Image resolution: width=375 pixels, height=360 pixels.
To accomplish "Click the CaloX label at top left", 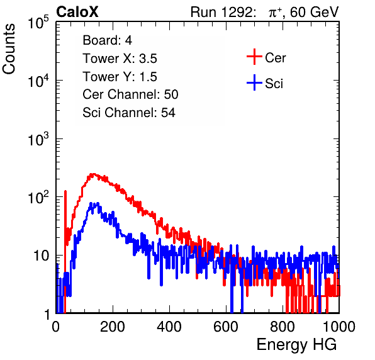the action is pyautogui.click(x=77, y=12).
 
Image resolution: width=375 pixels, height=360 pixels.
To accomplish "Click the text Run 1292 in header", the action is pyautogui.click(x=221, y=12).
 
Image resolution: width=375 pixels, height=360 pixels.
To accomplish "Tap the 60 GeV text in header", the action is pyautogui.click(x=315, y=12).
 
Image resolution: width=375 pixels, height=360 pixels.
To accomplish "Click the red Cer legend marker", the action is pyautogui.click(x=254, y=57).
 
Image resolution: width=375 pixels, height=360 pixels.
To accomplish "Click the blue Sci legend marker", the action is pyautogui.click(x=254, y=83).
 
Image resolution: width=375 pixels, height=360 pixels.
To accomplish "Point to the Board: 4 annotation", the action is pyautogui.click(x=107, y=40).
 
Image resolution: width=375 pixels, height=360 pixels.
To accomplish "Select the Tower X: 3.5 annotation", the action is pyautogui.click(x=120, y=59).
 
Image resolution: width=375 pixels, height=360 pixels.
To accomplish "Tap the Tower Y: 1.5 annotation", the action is pyautogui.click(x=120, y=77).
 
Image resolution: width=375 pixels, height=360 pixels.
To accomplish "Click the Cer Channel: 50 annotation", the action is pyautogui.click(x=130, y=94).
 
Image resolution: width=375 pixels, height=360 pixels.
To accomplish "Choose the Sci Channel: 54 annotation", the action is pyautogui.click(x=129, y=113).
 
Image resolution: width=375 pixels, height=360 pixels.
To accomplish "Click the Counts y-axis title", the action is pyautogui.click(x=9, y=49).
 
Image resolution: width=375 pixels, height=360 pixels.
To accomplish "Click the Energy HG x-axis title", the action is pyautogui.click(x=296, y=345).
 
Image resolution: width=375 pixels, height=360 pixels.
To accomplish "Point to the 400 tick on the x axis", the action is pyautogui.click(x=169, y=327).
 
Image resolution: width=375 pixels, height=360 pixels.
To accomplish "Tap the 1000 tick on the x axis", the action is pyautogui.click(x=339, y=327).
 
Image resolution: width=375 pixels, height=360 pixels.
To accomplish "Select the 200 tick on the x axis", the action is pyautogui.click(x=113, y=327).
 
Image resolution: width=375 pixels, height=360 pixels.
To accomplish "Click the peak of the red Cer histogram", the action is pyautogui.click(x=92, y=174).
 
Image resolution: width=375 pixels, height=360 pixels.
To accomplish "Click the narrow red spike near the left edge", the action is pyautogui.click(x=65, y=215).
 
